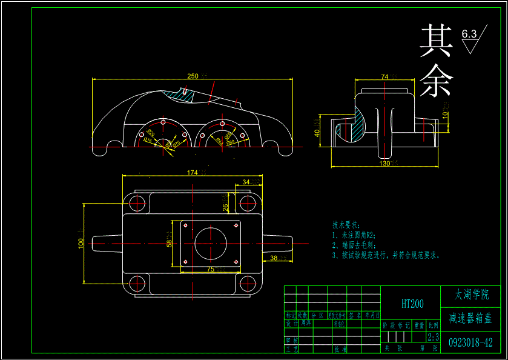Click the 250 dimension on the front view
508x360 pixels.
click(x=193, y=76)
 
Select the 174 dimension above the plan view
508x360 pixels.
click(x=192, y=173)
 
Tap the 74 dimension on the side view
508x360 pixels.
click(x=384, y=76)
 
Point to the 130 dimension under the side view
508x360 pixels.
click(x=384, y=163)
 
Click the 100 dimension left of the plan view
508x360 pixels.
click(x=81, y=242)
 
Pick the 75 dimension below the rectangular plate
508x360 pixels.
click(x=211, y=268)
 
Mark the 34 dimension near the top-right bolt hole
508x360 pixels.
click(x=246, y=181)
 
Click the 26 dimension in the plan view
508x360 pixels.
click(x=225, y=207)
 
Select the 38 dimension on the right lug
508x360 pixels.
click(x=274, y=258)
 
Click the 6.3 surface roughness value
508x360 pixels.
click(x=469, y=34)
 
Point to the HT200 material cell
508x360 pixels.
click(x=412, y=304)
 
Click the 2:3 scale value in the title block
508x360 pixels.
click(x=433, y=336)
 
